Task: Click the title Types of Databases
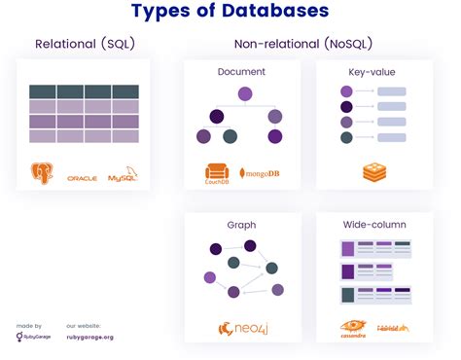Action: point(230,12)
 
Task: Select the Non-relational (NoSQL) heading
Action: point(302,45)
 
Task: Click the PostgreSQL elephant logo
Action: point(41,175)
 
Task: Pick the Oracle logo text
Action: point(82,179)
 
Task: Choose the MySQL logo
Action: point(124,176)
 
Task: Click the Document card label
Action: point(241,73)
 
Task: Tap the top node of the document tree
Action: point(245,94)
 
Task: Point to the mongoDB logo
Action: point(260,174)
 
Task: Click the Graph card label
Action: point(241,225)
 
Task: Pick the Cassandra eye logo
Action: point(352,326)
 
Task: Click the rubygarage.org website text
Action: point(90,339)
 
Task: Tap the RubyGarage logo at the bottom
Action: point(30,338)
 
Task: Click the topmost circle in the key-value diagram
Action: point(346,91)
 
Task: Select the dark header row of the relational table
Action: point(84,92)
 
